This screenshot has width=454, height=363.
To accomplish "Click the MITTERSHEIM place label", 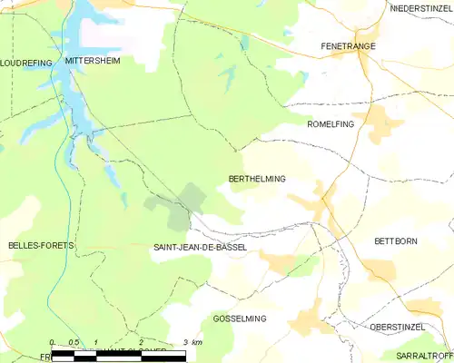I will coord(93,60).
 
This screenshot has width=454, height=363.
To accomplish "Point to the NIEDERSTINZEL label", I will coord(420,8).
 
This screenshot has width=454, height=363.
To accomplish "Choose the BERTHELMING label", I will coord(257,179).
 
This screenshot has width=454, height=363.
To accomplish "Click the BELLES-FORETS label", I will coord(40,246).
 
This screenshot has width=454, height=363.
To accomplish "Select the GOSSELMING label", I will coord(239,319).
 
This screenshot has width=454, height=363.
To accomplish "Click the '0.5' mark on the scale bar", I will coord(74,342).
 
